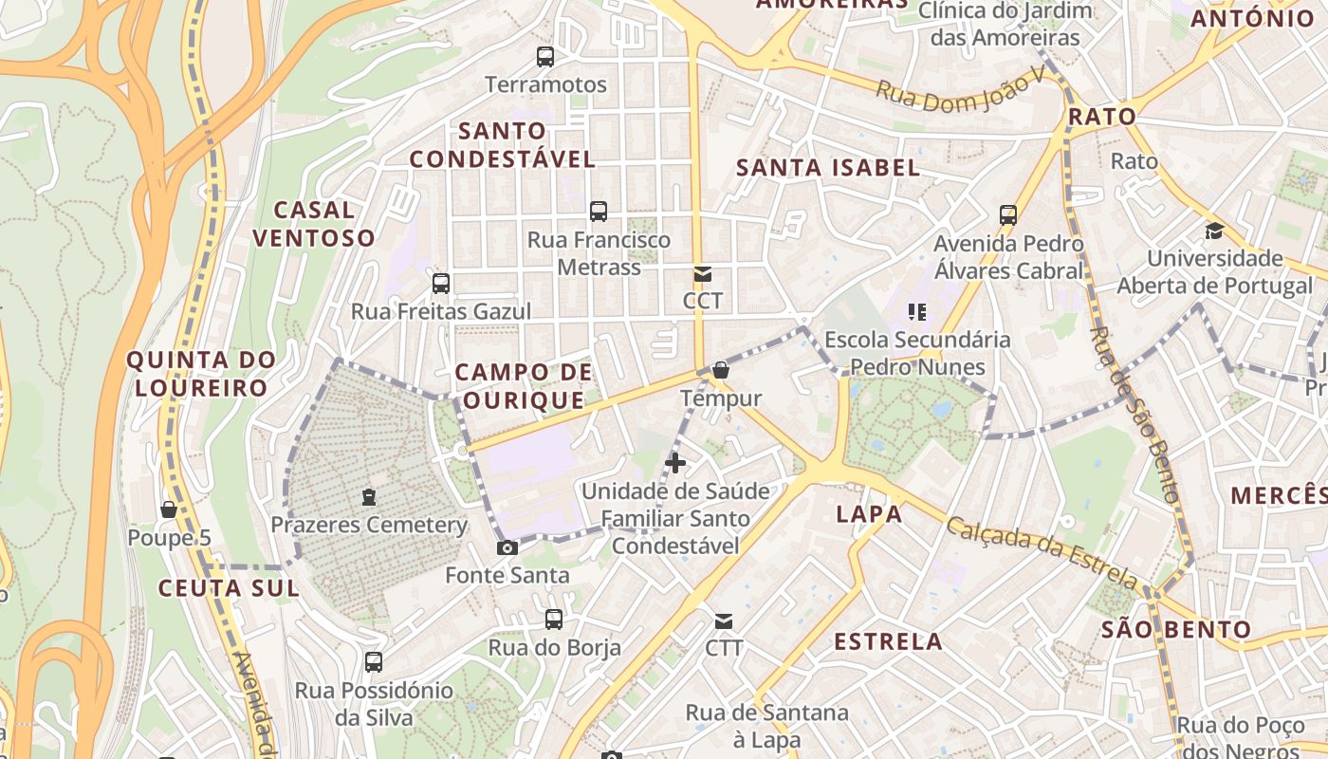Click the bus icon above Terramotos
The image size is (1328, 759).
click(x=545, y=57)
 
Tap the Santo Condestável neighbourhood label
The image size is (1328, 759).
click(x=503, y=145)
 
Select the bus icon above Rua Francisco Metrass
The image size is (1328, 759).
click(x=599, y=212)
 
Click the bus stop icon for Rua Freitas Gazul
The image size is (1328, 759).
click(x=441, y=283)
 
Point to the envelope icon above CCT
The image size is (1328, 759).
click(x=702, y=274)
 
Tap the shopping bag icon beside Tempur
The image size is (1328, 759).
click(x=721, y=370)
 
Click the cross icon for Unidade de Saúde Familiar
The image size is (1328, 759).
click(x=675, y=463)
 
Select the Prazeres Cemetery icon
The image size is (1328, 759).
click(x=369, y=496)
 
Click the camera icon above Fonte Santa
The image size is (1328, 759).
click(x=507, y=547)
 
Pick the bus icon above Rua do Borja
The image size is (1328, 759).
click(x=554, y=620)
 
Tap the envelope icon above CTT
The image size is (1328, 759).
click(x=724, y=621)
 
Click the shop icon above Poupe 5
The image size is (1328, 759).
click(x=169, y=509)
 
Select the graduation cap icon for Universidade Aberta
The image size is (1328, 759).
click(x=1214, y=231)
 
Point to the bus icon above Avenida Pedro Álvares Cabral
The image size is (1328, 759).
click(x=1008, y=215)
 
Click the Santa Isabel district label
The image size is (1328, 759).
click(x=828, y=168)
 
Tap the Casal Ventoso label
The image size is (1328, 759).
click(x=314, y=224)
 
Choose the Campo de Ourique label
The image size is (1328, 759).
click(x=524, y=386)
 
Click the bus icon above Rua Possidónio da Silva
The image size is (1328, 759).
click(x=374, y=662)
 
